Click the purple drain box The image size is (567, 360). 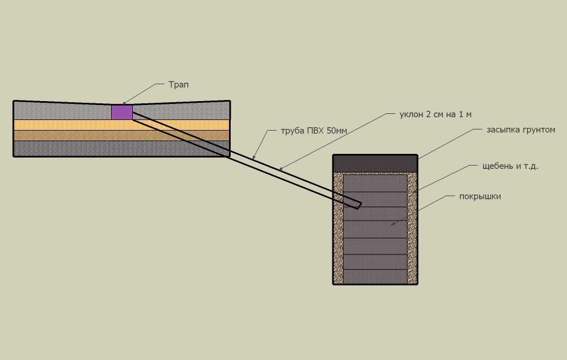[122, 112]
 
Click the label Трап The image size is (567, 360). [178, 85]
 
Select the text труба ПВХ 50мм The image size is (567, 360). [314, 131]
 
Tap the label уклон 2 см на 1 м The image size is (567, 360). [435, 114]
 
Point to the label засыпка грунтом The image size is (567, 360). [521, 130]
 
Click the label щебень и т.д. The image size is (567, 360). [510, 166]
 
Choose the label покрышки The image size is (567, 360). [480, 197]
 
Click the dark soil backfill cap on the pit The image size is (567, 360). [375, 164]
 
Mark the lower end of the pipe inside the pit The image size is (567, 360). [359, 206]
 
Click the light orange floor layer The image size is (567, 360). [122, 124]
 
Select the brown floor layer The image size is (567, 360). [122, 136]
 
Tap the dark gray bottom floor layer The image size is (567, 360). [122, 148]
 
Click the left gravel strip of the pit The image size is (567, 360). [338, 228]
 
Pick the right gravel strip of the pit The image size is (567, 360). [412, 228]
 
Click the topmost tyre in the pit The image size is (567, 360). [375, 183]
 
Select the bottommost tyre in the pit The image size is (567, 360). [375, 277]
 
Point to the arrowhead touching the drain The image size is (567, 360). [125, 103]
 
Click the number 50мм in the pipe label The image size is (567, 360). [337, 131]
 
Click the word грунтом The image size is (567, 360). [538, 130]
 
